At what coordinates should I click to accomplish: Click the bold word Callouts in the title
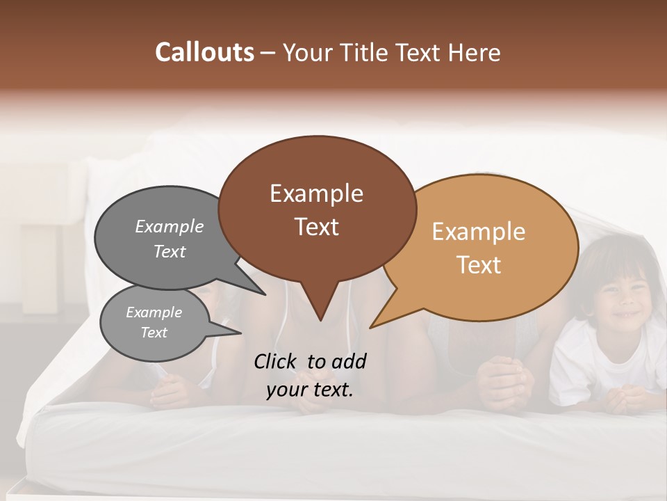coord(204,52)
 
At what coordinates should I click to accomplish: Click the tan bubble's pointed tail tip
coord(372,326)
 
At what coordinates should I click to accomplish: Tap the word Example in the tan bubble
coord(479,232)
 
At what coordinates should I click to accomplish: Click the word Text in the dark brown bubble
coord(317,227)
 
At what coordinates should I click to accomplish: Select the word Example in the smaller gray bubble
coord(154,312)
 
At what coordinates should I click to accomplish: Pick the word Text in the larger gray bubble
coord(170,252)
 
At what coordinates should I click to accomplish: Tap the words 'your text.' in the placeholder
coord(310,390)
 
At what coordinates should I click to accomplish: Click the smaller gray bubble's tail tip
coord(240,333)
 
